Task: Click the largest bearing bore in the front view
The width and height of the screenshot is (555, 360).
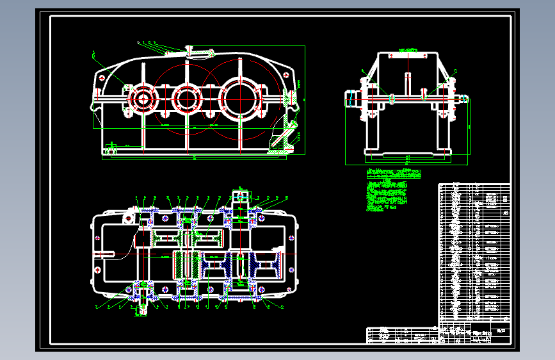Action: click(241, 99)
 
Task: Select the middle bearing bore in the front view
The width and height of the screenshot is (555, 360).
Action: click(188, 99)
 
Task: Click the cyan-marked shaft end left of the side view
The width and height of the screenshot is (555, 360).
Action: click(351, 99)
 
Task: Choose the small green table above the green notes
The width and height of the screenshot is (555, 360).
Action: click(394, 173)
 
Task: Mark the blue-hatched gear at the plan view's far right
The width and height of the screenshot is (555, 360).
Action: click(266, 265)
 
